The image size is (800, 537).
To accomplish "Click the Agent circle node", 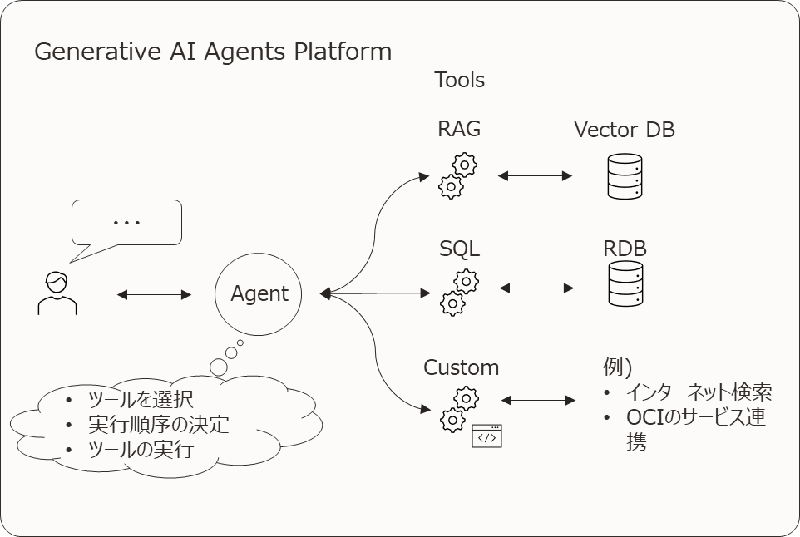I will [259, 293].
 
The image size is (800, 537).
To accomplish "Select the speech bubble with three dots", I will [126, 223].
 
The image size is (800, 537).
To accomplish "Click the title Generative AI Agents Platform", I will [213, 52].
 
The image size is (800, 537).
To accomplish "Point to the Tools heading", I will [459, 81].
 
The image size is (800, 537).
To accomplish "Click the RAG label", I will [459, 129].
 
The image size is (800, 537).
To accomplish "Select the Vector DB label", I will [625, 130].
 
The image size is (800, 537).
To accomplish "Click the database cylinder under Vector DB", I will [625, 176].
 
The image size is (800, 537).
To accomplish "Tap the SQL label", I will [459, 249].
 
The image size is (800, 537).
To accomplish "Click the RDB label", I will [625, 249].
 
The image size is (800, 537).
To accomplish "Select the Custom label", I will [462, 367].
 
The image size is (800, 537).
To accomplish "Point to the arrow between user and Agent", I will [155, 294].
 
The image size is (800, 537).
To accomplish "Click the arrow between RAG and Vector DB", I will [536, 175].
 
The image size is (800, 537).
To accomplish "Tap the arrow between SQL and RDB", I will [537, 288].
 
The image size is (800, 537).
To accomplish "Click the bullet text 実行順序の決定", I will [158, 425].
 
